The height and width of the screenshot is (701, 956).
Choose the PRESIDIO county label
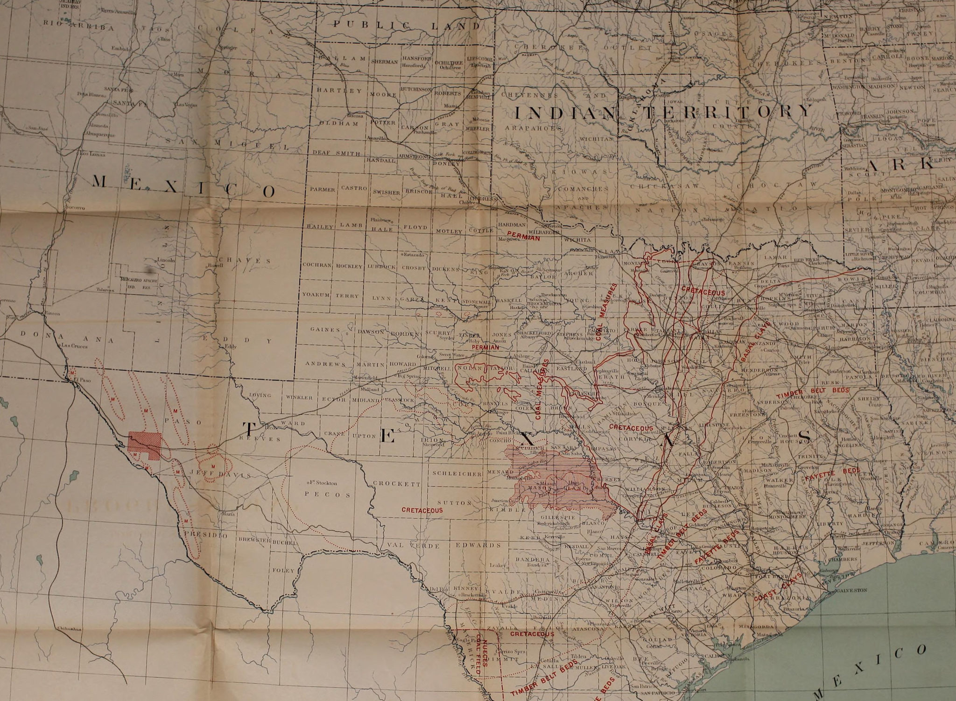click(x=205, y=535)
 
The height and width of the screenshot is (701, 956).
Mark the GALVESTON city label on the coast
click(x=851, y=590)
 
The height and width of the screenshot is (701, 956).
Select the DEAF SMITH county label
click(x=336, y=153)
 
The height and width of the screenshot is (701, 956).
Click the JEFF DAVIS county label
click(x=219, y=474)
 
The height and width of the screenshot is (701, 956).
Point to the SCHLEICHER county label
click(x=456, y=473)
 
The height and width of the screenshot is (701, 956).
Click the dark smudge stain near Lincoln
click(x=150, y=270)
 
